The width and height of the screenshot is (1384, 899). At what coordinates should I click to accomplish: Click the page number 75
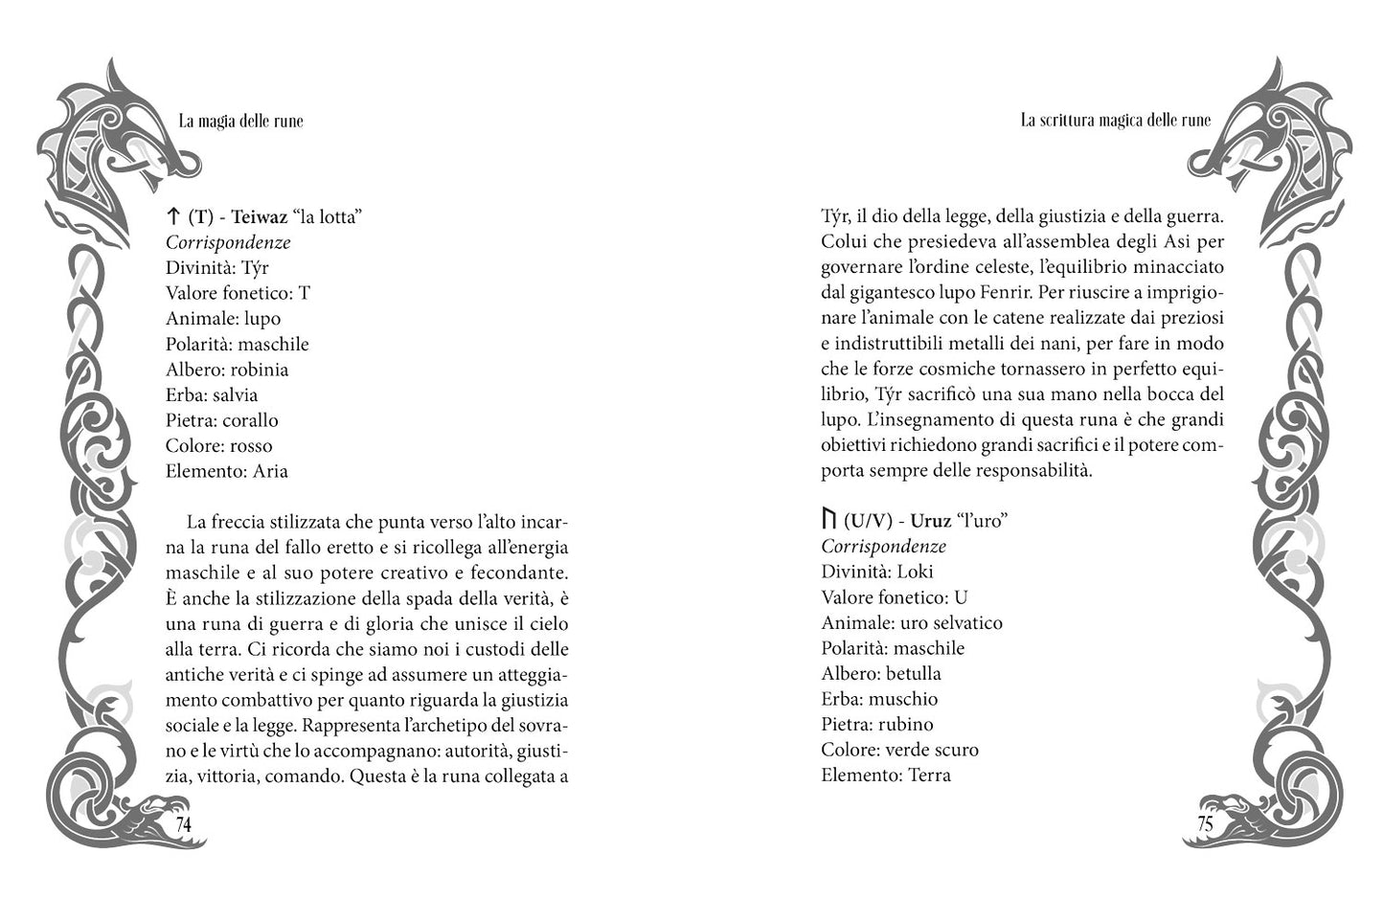[x=1204, y=824]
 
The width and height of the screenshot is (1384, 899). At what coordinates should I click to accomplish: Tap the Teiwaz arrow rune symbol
[x=173, y=216]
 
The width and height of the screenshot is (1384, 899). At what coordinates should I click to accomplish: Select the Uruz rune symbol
[x=828, y=520]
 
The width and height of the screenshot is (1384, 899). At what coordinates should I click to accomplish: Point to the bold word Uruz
[x=930, y=521]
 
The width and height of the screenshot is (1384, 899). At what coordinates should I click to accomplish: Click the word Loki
[x=915, y=572]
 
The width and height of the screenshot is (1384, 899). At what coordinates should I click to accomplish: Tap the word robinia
[x=260, y=370]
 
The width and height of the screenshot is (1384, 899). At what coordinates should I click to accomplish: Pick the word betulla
[x=913, y=673]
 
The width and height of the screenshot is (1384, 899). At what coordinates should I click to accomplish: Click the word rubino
[x=905, y=724]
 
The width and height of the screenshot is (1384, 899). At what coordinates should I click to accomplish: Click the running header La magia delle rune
[x=240, y=121]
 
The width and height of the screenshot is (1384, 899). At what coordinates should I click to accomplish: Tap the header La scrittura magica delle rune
[x=1115, y=121]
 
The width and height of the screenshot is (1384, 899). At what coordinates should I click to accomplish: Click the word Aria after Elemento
[x=270, y=471]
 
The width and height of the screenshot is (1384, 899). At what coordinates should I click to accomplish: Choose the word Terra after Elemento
[x=929, y=775]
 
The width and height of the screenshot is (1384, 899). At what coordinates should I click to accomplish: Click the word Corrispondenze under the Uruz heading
[x=883, y=547]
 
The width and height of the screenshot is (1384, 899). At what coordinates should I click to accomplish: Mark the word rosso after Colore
[x=251, y=446]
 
